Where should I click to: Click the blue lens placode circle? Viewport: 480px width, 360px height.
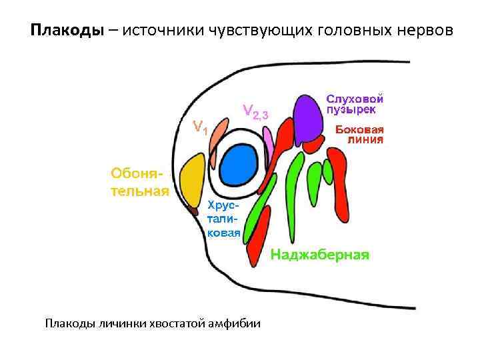(x=239, y=165)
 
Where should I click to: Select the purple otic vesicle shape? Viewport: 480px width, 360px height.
(x=308, y=118)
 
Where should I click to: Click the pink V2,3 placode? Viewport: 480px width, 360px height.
(x=269, y=141)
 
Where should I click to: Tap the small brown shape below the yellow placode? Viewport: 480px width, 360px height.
(x=194, y=211)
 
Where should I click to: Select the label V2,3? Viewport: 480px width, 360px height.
(x=255, y=111)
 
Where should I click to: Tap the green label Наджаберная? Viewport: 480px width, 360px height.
(x=319, y=255)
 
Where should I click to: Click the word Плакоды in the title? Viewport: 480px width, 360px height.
(x=67, y=31)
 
